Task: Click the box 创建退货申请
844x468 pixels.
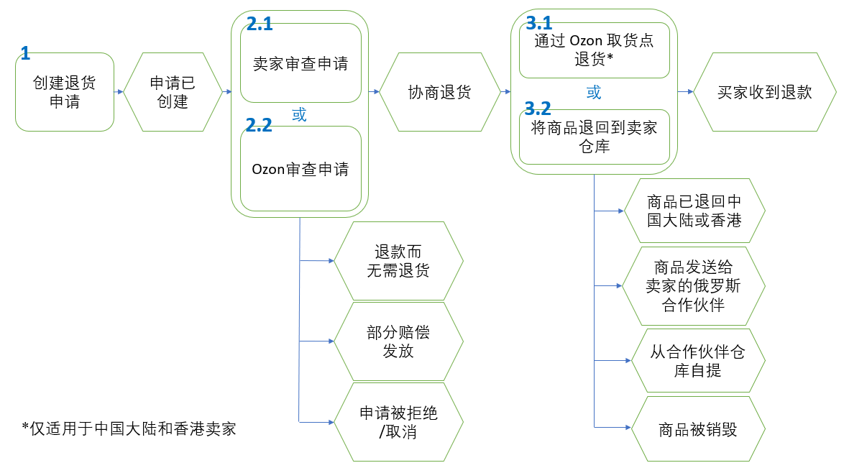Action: click(x=65, y=92)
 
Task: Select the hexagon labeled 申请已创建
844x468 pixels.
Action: click(x=172, y=92)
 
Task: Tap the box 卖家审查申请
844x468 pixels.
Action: click(x=301, y=63)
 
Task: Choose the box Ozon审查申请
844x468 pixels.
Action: click(x=301, y=169)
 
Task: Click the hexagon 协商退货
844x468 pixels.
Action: click(x=439, y=92)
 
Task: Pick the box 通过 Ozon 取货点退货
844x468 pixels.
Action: click(x=594, y=50)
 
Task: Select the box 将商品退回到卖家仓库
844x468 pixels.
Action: click(x=594, y=137)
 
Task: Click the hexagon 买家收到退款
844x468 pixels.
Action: click(x=764, y=92)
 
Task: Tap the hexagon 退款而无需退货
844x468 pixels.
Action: click(x=398, y=261)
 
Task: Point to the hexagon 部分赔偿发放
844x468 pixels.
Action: click(x=398, y=342)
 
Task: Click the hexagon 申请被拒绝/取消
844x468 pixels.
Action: click(x=398, y=423)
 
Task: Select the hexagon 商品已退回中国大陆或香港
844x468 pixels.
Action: click(x=694, y=211)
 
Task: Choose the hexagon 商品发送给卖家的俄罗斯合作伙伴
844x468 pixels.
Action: click(x=694, y=286)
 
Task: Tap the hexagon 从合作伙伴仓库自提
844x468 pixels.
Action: click(x=694, y=362)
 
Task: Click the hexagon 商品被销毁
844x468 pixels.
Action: click(x=694, y=430)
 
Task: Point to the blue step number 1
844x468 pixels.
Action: click(x=25, y=52)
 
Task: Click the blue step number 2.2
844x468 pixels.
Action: click(x=259, y=125)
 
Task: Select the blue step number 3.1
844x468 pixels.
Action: click(x=538, y=23)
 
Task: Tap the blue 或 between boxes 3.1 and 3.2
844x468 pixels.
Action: click(x=594, y=93)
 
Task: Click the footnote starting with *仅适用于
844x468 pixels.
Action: click(x=129, y=429)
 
